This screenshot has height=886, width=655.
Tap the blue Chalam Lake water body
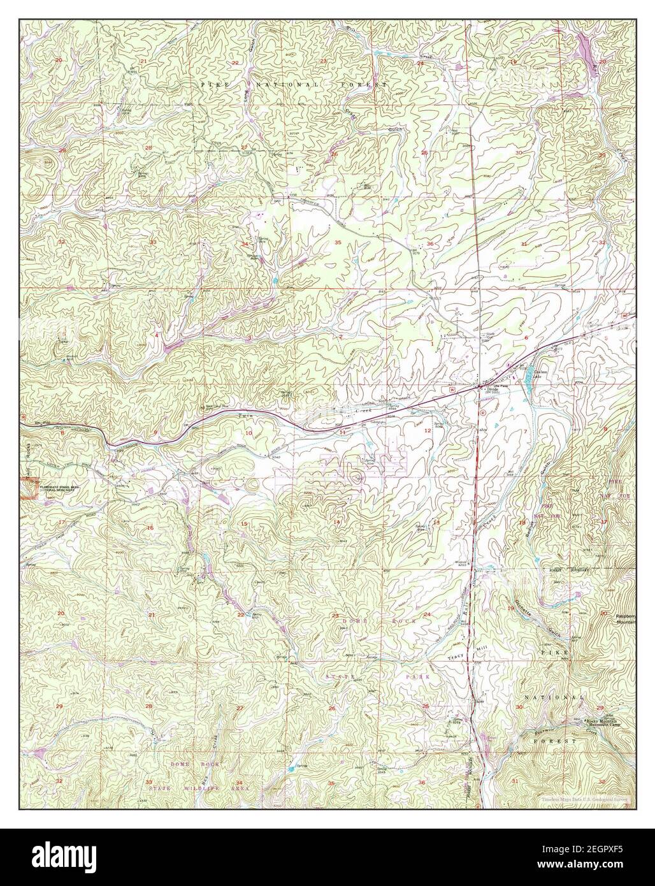(x=528, y=384)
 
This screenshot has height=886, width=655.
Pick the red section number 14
(x=336, y=522)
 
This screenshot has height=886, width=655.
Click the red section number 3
(x=249, y=337)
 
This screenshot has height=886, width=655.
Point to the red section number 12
(x=427, y=431)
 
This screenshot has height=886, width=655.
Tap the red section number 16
(x=150, y=528)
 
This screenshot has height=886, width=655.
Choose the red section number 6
(x=526, y=337)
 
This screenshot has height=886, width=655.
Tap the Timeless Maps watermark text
(x=584, y=798)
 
